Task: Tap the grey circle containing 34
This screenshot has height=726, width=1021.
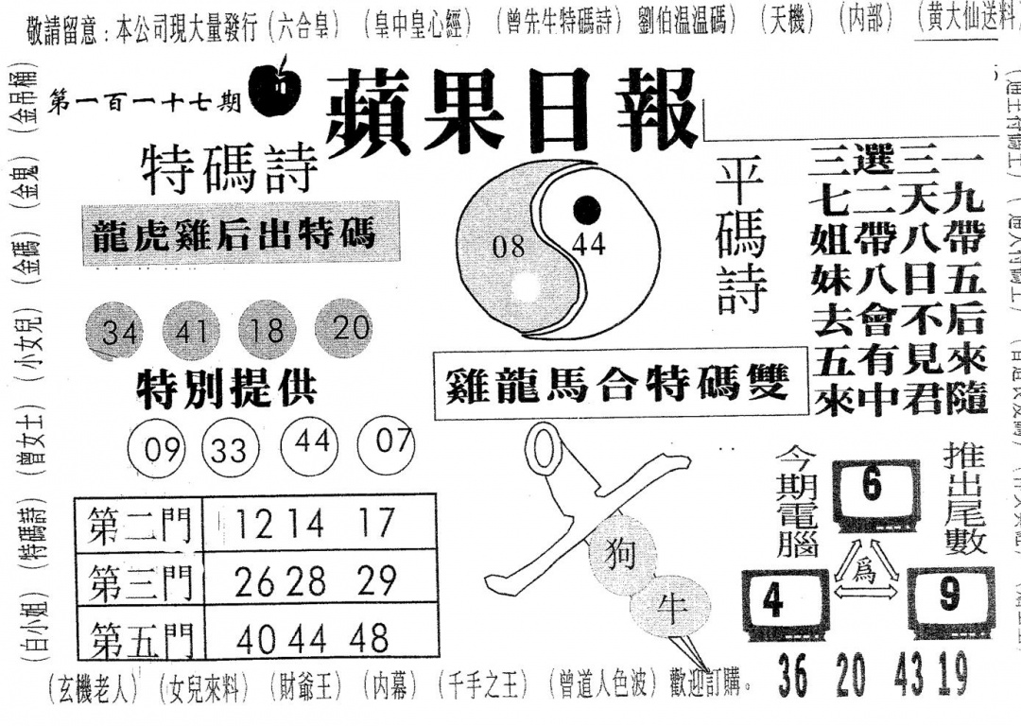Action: (x=118, y=333)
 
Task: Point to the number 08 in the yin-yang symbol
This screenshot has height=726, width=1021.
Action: (x=509, y=249)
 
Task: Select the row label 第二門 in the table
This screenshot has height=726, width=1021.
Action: (x=140, y=523)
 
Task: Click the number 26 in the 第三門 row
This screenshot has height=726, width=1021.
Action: (x=255, y=581)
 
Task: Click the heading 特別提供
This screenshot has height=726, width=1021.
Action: (x=226, y=388)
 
